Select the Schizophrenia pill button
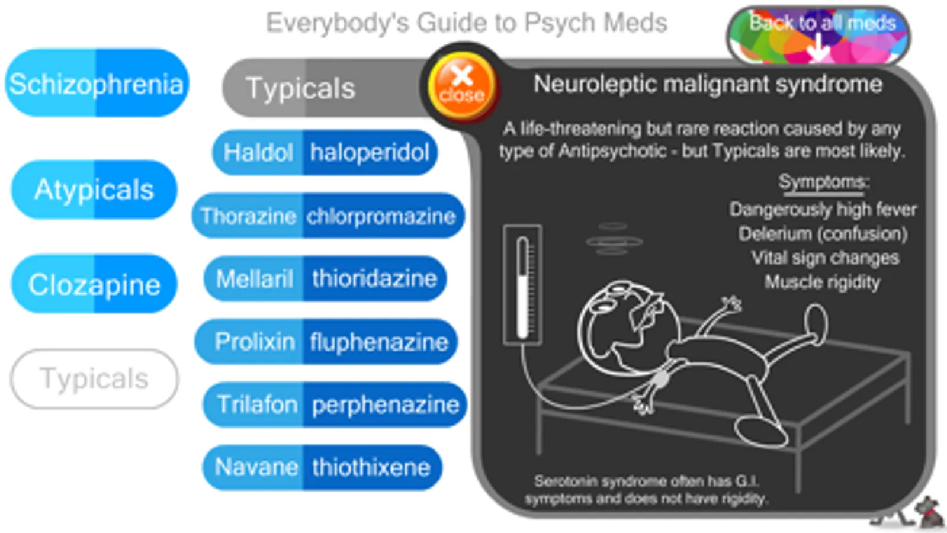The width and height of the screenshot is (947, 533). coord(97,83)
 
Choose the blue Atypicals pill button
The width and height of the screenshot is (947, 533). coord(94,190)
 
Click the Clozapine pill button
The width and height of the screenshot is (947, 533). coord(94,284)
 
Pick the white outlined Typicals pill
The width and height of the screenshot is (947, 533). coord(94,378)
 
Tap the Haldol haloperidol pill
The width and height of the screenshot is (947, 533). coord(325,152)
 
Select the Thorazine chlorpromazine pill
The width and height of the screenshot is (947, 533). coord(328,216)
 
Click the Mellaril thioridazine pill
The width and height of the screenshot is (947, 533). coord(325,278)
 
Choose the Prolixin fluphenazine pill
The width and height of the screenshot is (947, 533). coord(326,341)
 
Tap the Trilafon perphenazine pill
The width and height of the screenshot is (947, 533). coord(335,404)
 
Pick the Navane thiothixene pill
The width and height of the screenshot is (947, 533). coord(322,467)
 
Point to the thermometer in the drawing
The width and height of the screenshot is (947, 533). coord(522,285)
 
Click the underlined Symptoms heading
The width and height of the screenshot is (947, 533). coord(824,183)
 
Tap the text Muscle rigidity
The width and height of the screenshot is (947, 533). coord(822,282)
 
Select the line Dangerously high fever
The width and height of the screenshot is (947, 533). coord(823,210)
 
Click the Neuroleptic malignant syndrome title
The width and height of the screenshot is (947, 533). coord(708,84)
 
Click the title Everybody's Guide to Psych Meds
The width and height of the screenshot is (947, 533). coord(467,23)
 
